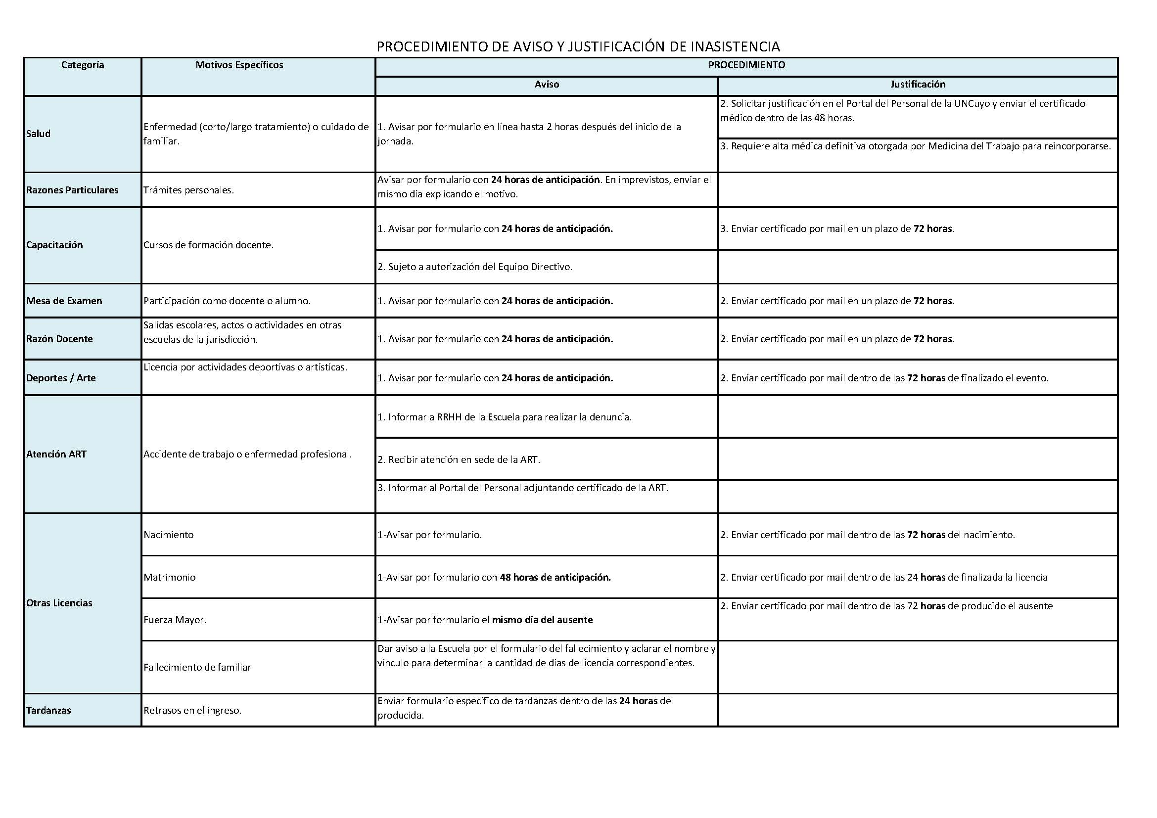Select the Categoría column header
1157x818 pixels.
click(83, 65)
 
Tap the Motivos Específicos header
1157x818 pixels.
click(239, 65)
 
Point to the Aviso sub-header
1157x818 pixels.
click(547, 85)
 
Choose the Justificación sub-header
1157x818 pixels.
click(918, 85)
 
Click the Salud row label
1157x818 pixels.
click(38, 134)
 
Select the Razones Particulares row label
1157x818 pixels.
click(73, 190)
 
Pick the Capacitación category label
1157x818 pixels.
click(54, 245)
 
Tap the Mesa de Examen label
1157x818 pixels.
click(64, 301)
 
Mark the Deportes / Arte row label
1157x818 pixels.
click(61, 378)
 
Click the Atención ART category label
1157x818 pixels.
click(56, 454)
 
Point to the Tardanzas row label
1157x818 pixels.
click(49, 710)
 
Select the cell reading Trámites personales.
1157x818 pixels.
click(188, 190)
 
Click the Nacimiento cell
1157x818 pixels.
click(168, 535)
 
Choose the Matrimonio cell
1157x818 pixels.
click(169, 577)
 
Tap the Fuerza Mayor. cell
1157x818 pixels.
click(175, 620)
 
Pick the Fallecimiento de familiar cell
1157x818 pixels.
click(197, 667)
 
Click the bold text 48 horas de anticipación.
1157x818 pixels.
click(555, 577)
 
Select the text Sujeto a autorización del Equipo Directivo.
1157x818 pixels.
click(480, 267)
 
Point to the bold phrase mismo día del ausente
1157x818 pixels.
click(542, 620)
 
